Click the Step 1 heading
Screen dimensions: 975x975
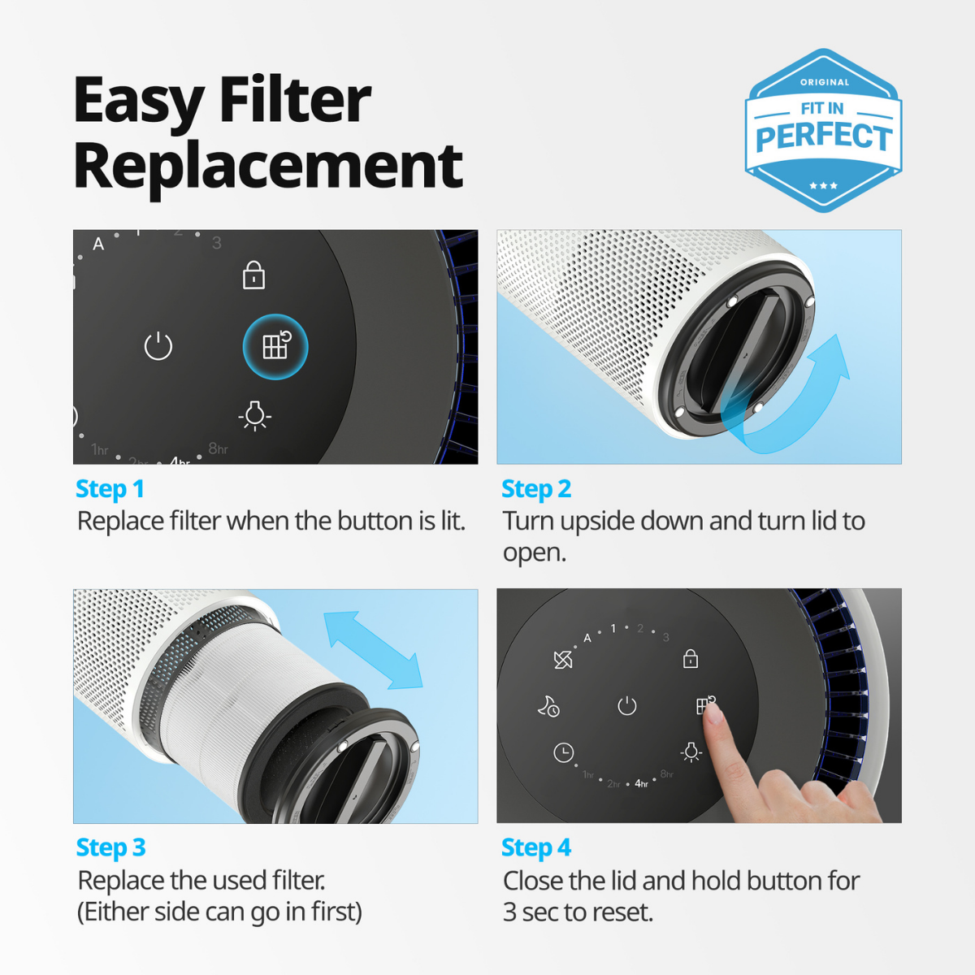[x=110, y=489]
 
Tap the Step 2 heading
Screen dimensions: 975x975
[x=536, y=489]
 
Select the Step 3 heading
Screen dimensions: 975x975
[x=110, y=847]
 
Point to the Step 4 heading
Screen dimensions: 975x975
[x=536, y=847]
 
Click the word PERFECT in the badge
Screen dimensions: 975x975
[x=823, y=136]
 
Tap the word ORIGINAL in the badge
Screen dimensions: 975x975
[x=824, y=82]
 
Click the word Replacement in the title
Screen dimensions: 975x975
[x=268, y=166]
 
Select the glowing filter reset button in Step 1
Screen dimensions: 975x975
[x=275, y=347]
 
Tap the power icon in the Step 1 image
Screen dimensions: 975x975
[x=158, y=346]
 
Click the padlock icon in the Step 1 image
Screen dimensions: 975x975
[x=253, y=275]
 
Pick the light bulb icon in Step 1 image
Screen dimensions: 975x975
[x=254, y=414]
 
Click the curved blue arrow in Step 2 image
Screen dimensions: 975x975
[x=800, y=398]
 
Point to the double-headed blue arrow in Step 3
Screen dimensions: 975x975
[x=373, y=650]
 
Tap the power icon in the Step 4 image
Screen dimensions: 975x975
[x=626, y=705]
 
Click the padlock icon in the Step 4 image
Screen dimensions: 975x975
[x=690, y=658]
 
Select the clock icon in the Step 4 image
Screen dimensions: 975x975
[x=563, y=752]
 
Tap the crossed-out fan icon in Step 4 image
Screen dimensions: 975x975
[x=562, y=659]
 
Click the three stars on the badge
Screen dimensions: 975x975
[x=823, y=186]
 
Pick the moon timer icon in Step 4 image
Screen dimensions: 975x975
[x=548, y=706]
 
